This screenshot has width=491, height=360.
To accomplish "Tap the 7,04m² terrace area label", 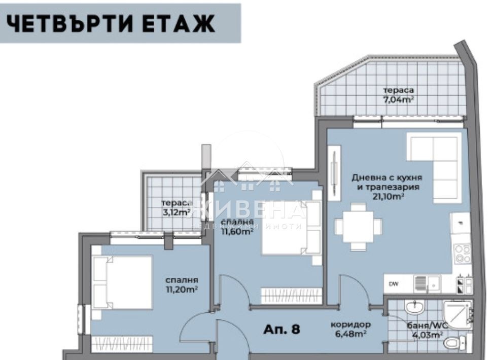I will click(398, 99).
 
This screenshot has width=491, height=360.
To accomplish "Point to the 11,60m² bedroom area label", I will click(237, 232).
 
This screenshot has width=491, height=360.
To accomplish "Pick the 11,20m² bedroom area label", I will click(181, 290).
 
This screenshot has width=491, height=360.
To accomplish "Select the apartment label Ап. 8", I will click(282, 329).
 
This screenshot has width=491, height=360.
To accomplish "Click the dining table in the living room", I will click(358, 227).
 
